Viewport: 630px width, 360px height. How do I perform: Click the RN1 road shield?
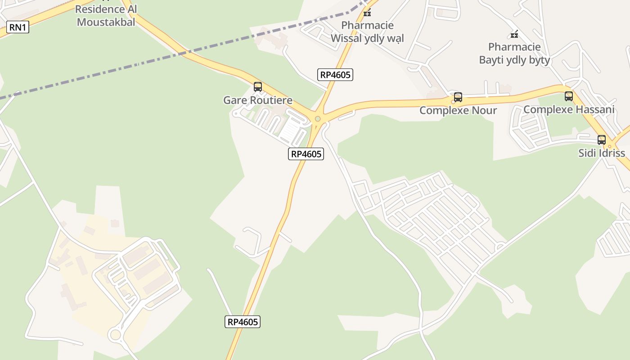tap(18, 27)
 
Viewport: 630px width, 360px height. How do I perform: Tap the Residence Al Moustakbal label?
tap(106, 15)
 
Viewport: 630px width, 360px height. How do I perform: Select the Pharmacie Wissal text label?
tap(367, 32)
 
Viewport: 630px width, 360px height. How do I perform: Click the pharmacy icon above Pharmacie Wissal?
tap(367, 12)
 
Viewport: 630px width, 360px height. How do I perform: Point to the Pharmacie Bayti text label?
tap(514, 54)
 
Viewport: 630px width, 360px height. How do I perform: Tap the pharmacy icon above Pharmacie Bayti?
tap(514, 34)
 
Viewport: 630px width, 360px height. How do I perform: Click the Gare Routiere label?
tap(258, 100)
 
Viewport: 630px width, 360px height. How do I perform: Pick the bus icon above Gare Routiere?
tap(258, 87)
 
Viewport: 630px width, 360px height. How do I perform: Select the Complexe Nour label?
tap(458, 110)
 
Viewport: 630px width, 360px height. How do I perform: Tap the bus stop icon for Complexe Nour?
tap(458, 97)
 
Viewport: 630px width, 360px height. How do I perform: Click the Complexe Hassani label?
tap(569, 109)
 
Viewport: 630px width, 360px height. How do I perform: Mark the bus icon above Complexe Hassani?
tap(569, 96)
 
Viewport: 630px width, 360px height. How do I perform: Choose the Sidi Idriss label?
tap(602, 153)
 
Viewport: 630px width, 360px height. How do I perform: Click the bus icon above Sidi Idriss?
tap(602, 139)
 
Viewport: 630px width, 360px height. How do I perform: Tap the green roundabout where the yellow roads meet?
tap(318, 119)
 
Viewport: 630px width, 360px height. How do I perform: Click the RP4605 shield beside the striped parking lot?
tap(306, 154)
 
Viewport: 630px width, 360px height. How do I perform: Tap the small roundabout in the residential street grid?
tap(500, 247)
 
